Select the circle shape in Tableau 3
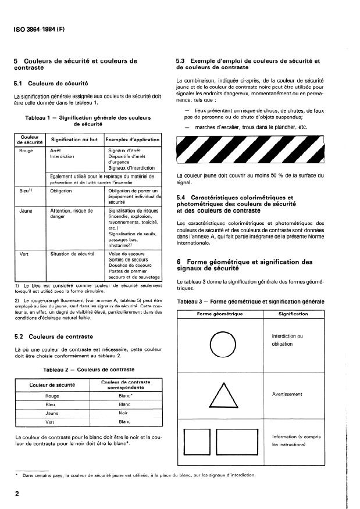(x=221, y=342)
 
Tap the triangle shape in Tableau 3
(x=221, y=395)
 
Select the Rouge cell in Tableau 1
(x=26, y=150)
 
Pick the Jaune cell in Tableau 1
(x=26, y=211)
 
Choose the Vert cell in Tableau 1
(x=24, y=254)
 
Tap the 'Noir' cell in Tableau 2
(x=124, y=413)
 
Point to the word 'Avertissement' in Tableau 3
(x=287, y=394)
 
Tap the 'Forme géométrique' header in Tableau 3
(x=221, y=313)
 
